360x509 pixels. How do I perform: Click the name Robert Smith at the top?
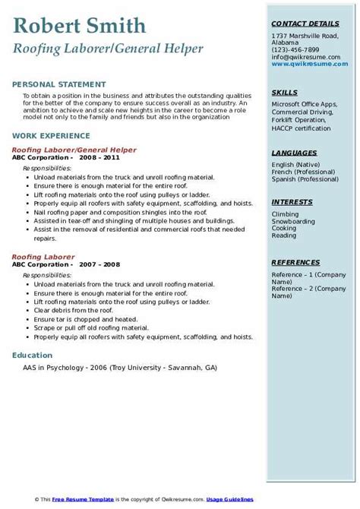pyautogui.click(x=79, y=27)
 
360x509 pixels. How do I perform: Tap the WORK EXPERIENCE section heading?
pyautogui.click(x=49, y=135)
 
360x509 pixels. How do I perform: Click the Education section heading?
pyautogui.click(x=33, y=355)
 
